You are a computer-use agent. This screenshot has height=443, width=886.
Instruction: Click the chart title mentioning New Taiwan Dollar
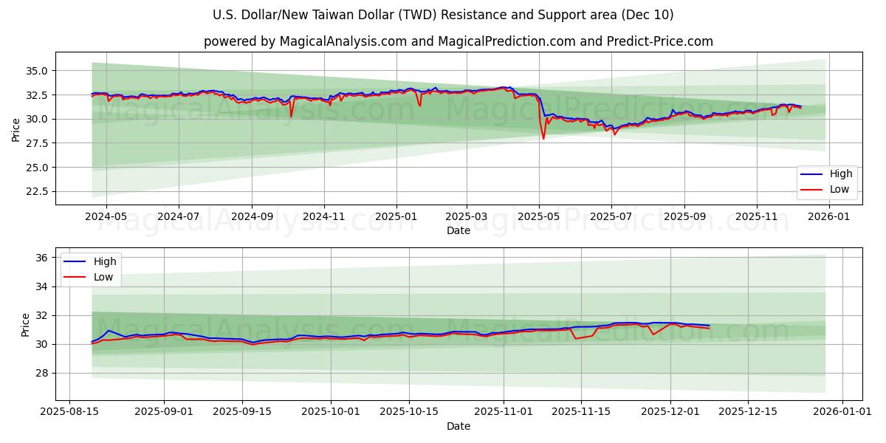[x=443, y=15]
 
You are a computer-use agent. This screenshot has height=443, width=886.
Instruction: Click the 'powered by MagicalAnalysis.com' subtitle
[x=458, y=41]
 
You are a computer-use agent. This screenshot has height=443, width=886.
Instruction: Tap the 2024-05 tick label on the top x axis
[x=106, y=217]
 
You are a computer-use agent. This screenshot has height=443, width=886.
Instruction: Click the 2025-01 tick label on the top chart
[x=396, y=217]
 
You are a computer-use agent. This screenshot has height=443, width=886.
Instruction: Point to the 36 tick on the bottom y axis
[x=41, y=258]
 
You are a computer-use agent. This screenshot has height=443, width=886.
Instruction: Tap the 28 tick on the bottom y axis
[x=41, y=373]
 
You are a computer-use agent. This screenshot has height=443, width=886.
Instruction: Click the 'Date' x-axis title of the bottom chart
[x=458, y=427]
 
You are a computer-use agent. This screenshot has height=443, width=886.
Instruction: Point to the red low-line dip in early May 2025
[x=543, y=138]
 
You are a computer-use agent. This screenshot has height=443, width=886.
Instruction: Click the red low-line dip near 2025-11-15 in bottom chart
[x=576, y=338]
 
